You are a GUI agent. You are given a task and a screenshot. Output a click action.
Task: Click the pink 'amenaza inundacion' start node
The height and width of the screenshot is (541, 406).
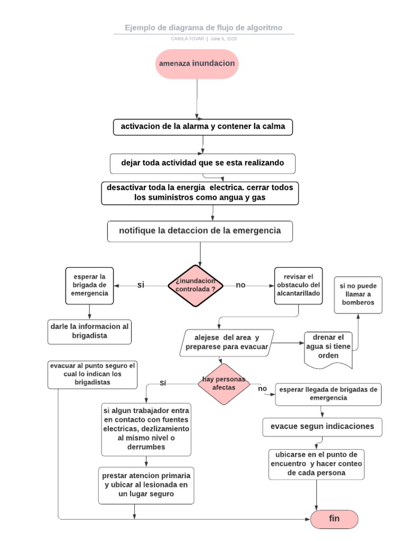197,63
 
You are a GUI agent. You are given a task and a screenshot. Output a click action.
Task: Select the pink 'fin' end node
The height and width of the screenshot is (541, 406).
334,519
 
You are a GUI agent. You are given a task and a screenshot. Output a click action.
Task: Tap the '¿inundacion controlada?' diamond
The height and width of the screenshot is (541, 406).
195,285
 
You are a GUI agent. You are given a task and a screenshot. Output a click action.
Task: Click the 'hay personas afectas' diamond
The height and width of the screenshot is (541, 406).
224,384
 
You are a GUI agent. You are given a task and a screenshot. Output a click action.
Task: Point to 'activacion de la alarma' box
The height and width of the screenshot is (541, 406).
202,127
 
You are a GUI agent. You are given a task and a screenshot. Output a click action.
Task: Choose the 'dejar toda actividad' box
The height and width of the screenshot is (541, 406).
202,163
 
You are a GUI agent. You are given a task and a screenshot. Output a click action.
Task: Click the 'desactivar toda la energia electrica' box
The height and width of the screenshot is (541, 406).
200,193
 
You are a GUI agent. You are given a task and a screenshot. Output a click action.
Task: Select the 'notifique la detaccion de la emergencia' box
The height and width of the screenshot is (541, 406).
200,231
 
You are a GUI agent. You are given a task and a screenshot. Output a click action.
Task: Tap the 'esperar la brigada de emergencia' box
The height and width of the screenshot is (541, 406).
89,285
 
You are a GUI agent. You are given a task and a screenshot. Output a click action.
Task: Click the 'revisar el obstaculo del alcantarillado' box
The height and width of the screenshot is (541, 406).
298,285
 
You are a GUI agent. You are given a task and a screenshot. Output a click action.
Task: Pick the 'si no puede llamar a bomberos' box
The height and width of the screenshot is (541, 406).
357,294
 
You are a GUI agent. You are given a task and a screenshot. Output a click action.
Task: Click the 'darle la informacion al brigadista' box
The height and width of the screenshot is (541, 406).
89,331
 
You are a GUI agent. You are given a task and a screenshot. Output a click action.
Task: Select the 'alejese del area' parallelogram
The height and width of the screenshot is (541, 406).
227,342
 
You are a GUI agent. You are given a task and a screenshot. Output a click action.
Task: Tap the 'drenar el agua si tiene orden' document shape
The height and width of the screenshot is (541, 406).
328,347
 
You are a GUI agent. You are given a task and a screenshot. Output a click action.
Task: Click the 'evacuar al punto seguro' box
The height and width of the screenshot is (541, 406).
93,374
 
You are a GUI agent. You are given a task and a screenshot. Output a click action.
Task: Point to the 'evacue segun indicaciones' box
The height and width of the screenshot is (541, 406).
322,426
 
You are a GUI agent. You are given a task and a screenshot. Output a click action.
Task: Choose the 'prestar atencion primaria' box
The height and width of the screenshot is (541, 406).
146,485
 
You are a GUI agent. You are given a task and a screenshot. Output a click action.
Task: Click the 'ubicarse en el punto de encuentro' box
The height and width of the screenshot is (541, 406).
316,464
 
